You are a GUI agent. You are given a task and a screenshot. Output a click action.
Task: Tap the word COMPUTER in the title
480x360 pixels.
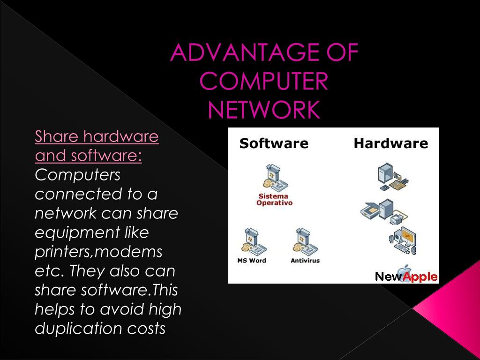(264, 81)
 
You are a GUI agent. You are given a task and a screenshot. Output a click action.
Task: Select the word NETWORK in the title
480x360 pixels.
(264, 110)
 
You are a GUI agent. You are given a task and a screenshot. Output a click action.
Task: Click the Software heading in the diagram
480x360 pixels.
(274, 143)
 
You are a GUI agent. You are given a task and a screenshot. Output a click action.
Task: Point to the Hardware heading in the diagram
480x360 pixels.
(390, 143)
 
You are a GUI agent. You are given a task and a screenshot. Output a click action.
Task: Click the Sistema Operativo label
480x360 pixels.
(274, 200)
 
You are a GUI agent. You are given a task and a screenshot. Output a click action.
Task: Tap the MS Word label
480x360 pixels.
(252, 261)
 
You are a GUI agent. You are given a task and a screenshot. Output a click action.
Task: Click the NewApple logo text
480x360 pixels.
(406, 277)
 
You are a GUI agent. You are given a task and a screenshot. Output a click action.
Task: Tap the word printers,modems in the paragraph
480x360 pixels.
(98, 252)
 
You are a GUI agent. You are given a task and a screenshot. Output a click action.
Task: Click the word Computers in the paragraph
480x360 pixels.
(78, 175)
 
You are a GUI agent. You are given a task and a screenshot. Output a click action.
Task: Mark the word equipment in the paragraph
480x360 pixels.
(77, 233)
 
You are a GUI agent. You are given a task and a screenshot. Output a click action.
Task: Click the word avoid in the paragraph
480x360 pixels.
(122, 310)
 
